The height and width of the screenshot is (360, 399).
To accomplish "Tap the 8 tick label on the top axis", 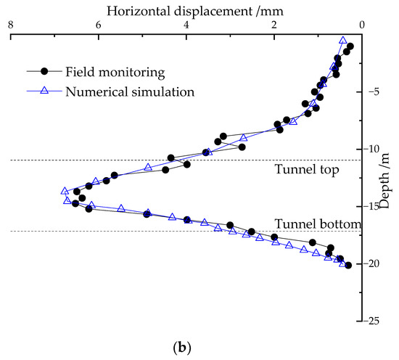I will [x=10, y=25].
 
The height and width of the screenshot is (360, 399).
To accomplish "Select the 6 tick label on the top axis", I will [x=98, y=25].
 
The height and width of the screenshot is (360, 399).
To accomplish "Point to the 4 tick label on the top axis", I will [x=186, y=25].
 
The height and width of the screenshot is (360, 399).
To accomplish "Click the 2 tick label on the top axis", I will [x=274, y=25].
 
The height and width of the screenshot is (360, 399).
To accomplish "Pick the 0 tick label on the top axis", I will [x=362, y=25].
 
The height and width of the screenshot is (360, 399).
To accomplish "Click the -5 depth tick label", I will [x=375, y=92].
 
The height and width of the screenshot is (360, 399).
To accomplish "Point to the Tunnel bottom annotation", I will [x=316, y=224].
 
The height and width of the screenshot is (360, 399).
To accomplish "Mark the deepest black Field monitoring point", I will [x=348, y=266].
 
